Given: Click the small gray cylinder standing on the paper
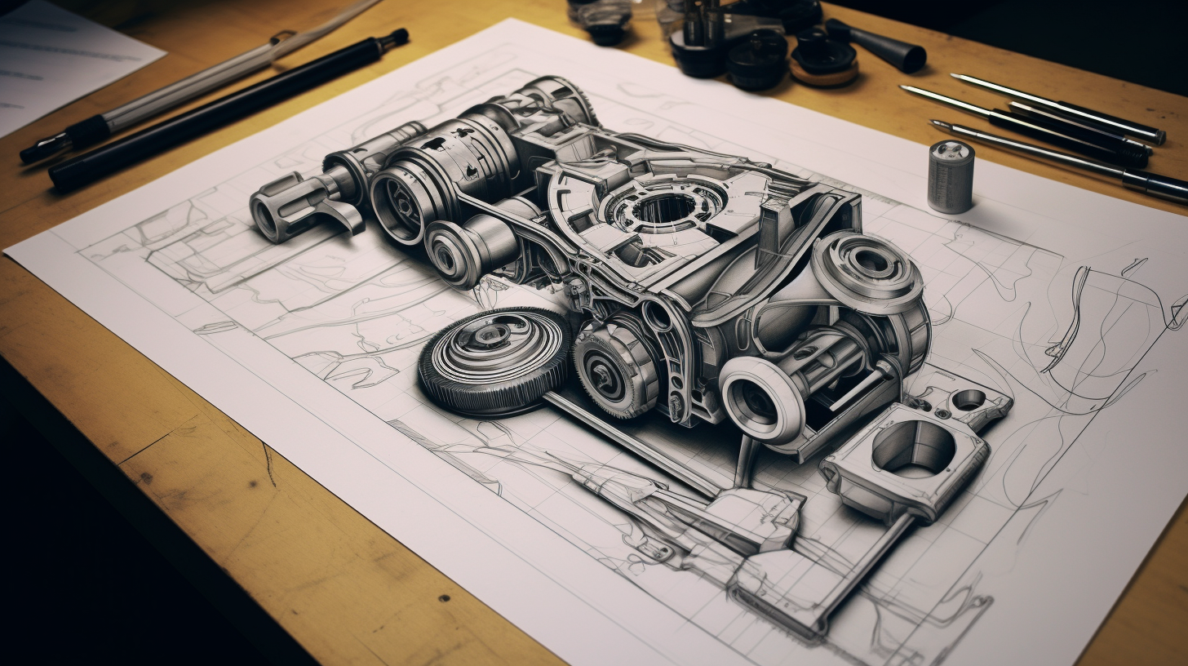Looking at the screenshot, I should coord(951,177).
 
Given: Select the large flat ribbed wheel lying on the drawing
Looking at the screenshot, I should coord(494,359).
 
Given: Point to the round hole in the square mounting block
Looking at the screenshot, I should coord(913,450).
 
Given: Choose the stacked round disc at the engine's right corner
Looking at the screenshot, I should coord(868,270).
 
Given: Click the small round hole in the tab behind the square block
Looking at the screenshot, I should coord(969,399).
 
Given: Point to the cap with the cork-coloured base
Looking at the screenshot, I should coord(824,65).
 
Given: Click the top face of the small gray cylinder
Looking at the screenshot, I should coord(951,150).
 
